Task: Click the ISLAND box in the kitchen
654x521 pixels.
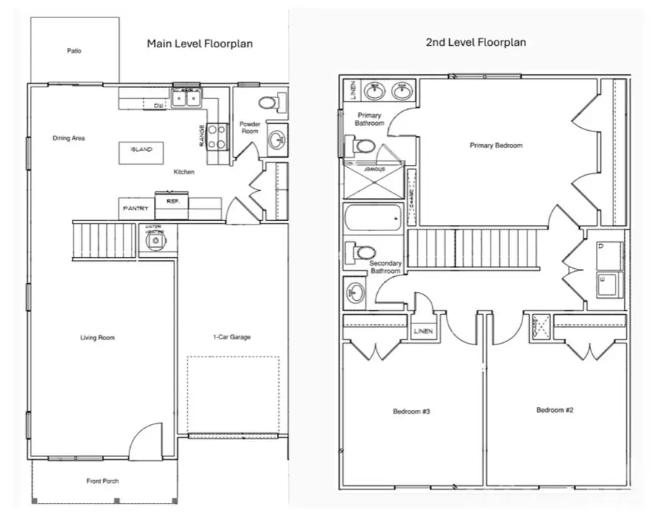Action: coord(141,150)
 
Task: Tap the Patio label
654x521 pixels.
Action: coord(74,51)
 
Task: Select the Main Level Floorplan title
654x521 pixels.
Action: coord(200,44)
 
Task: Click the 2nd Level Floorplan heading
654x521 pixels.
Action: coord(475,42)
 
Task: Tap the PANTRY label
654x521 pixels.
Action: coord(136,209)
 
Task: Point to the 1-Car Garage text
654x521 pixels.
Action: coord(232,337)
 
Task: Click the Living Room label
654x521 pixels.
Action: coord(97,337)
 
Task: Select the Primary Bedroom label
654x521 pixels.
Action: coord(496,145)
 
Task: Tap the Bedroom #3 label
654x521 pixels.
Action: coord(412,411)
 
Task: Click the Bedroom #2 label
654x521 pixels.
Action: coord(555,410)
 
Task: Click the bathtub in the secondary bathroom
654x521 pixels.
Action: coord(374,217)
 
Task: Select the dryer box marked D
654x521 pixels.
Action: coord(609,252)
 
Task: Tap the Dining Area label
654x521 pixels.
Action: coord(69,137)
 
